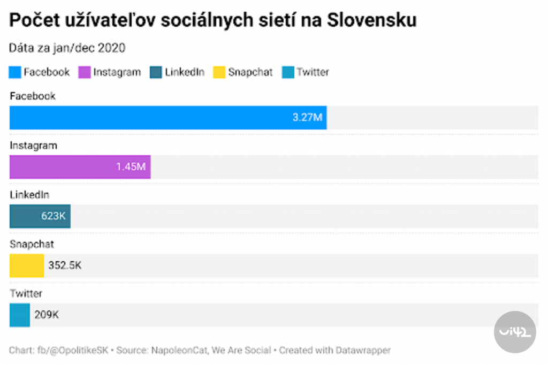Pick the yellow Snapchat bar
(x=26, y=265)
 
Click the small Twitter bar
(x=20, y=315)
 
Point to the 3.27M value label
(x=307, y=118)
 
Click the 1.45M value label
(x=131, y=167)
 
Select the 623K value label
(x=54, y=216)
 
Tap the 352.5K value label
(x=65, y=265)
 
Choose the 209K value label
(x=47, y=315)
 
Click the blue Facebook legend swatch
(x=15, y=72)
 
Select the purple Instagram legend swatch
(x=85, y=72)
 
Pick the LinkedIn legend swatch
(x=156, y=72)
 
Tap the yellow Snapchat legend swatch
(x=219, y=72)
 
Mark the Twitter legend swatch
(x=288, y=72)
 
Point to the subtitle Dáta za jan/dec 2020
(x=67, y=48)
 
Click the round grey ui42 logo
(x=514, y=332)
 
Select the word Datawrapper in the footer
(x=363, y=351)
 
